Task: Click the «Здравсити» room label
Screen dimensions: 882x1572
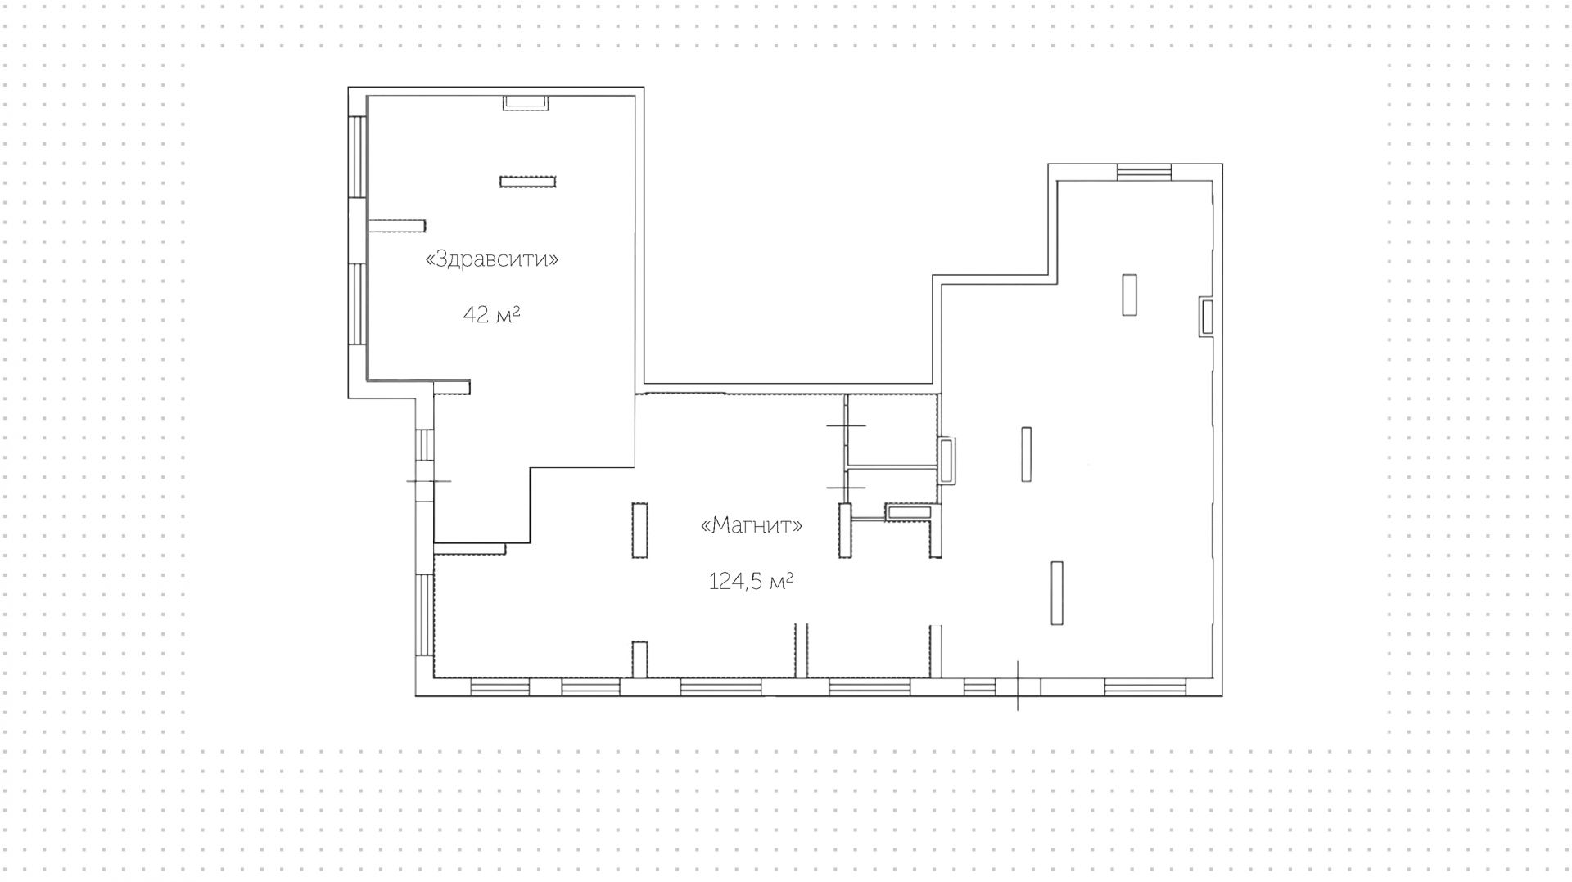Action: (492, 259)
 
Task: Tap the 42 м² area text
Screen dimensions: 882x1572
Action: (492, 314)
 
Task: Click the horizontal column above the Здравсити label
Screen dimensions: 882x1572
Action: (528, 182)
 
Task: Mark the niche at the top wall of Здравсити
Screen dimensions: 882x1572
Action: (526, 102)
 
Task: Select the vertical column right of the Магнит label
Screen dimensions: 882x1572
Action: (846, 531)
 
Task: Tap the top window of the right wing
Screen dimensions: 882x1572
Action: (1145, 172)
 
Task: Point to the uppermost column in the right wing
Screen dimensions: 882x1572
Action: (1130, 295)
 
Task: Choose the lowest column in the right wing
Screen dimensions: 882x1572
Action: (1057, 593)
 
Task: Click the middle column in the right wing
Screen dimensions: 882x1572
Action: (1026, 454)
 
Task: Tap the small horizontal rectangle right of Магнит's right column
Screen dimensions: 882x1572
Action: (908, 513)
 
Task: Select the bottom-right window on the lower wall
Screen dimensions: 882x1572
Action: (1145, 687)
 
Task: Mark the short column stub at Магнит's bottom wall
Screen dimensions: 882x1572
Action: (639, 659)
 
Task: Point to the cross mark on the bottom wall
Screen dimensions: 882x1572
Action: (1018, 686)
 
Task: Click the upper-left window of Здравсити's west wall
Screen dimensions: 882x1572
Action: (358, 156)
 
